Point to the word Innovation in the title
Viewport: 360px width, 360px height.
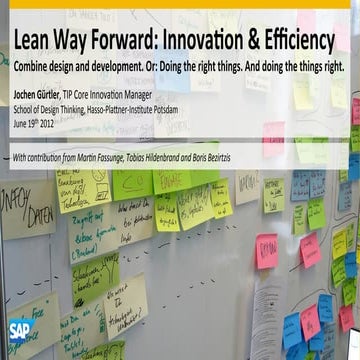(x=230, y=41)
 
